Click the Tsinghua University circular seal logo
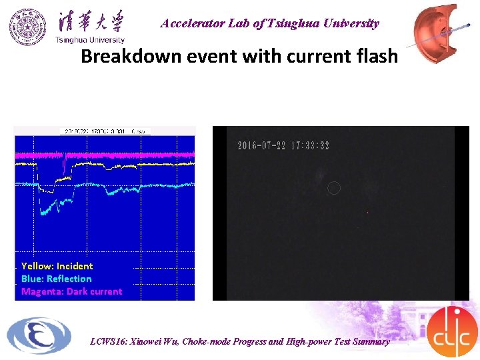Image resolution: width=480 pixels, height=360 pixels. point(28,27)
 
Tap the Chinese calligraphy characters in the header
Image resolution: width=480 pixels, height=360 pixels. point(90,21)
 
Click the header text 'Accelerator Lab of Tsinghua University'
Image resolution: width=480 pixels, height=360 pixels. point(269,23)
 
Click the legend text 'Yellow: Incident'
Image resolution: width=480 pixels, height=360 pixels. point(57,266)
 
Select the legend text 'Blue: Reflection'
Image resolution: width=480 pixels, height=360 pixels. point(56,279)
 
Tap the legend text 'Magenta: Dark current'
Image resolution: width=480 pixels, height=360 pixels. point(71,291)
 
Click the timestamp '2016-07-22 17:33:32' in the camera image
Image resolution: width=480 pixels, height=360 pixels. point(283,145)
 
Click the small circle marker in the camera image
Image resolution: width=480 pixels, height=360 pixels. point(334,188)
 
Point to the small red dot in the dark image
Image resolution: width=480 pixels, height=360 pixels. point(367,213)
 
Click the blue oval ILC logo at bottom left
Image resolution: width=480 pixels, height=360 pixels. point(39,335)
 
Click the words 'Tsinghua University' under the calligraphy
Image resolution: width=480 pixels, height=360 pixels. point(89,39)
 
